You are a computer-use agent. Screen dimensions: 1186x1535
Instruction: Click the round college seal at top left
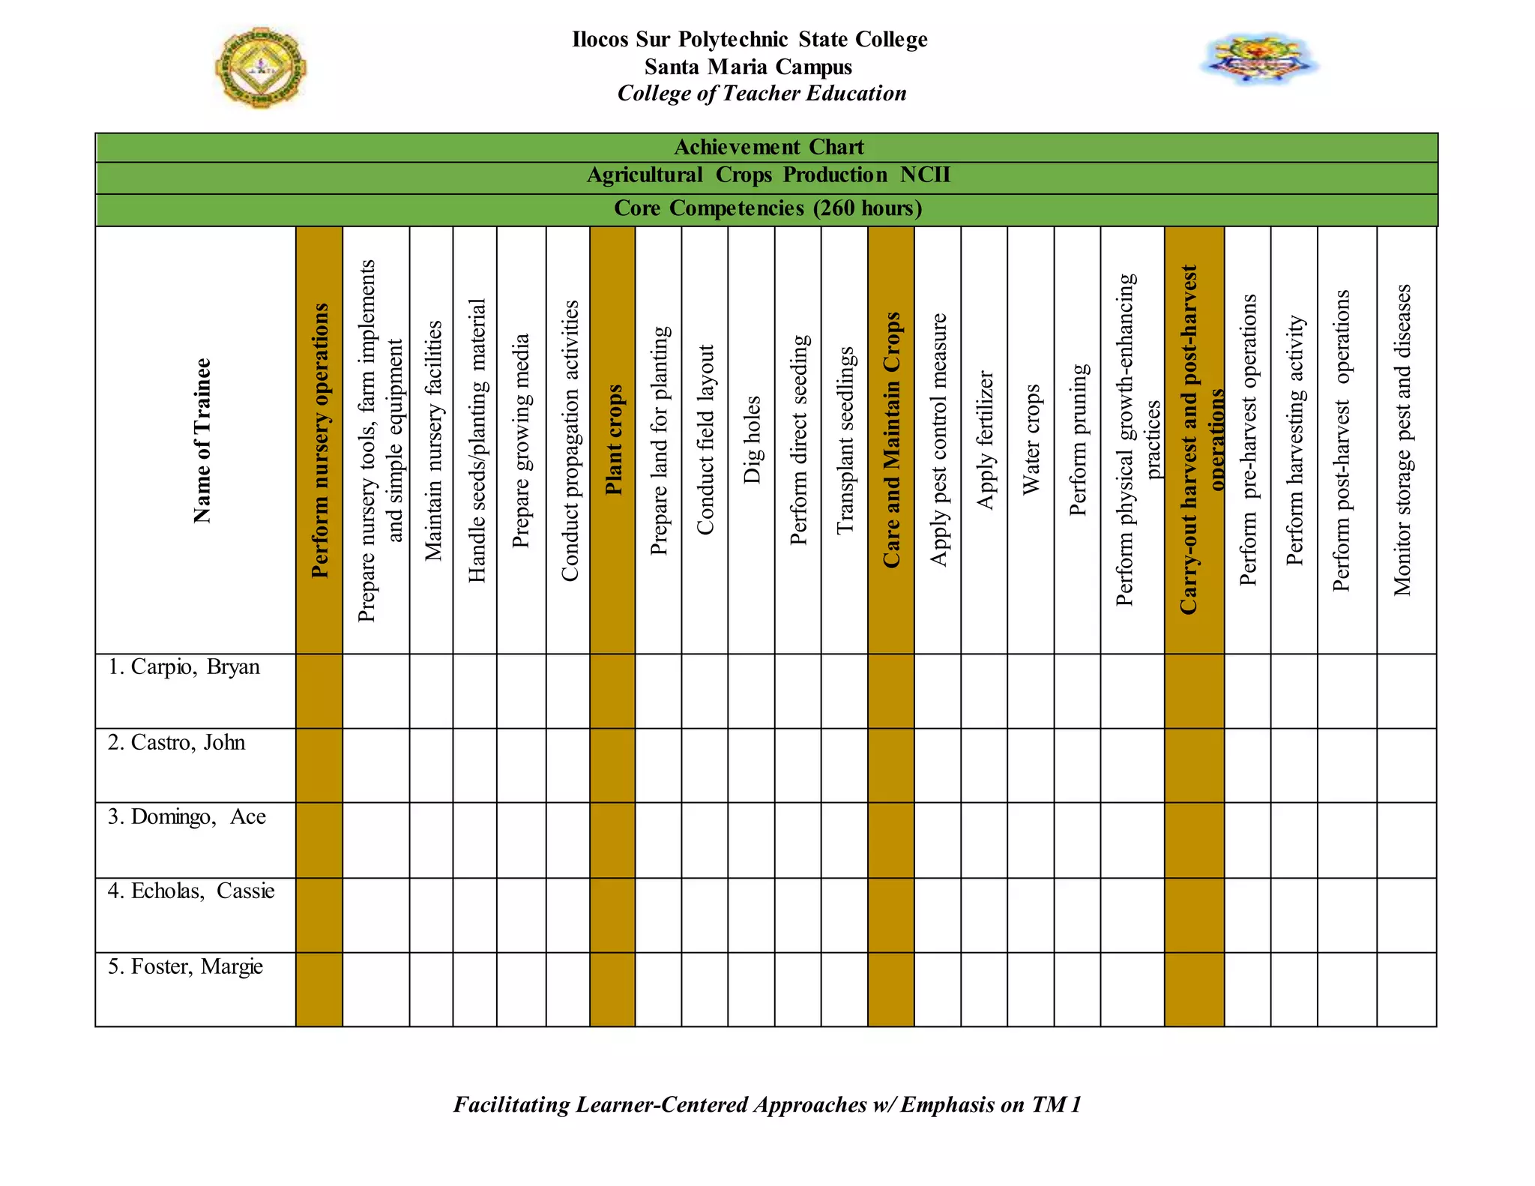tap(260, 67)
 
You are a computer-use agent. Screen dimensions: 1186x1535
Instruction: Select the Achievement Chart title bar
tap(767, 147)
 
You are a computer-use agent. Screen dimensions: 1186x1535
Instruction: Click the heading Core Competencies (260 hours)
tap(767, 208)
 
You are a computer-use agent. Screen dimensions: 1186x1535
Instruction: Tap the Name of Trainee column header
tap(202, 441)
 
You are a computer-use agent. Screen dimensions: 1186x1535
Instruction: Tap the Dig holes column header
tap(752, 441)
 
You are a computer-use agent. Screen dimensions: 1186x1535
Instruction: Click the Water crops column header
tap(1031, 441)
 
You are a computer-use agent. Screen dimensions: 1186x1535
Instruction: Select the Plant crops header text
tap(614, 441)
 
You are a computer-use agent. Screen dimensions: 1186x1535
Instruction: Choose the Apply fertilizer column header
tap(985, 441)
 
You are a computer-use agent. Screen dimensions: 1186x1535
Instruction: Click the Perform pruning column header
tap(1078, 441)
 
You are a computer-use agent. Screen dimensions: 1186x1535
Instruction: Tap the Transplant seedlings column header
tap(845, 441)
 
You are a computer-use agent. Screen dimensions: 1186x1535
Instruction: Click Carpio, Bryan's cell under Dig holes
tap(752, 690)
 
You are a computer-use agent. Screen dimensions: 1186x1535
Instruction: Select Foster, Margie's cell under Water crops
tap(1031, 989)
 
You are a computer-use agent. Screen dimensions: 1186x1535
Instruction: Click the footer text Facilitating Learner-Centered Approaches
tap(767, 1104)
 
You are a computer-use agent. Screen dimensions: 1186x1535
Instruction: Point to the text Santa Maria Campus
tap(748, 67)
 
